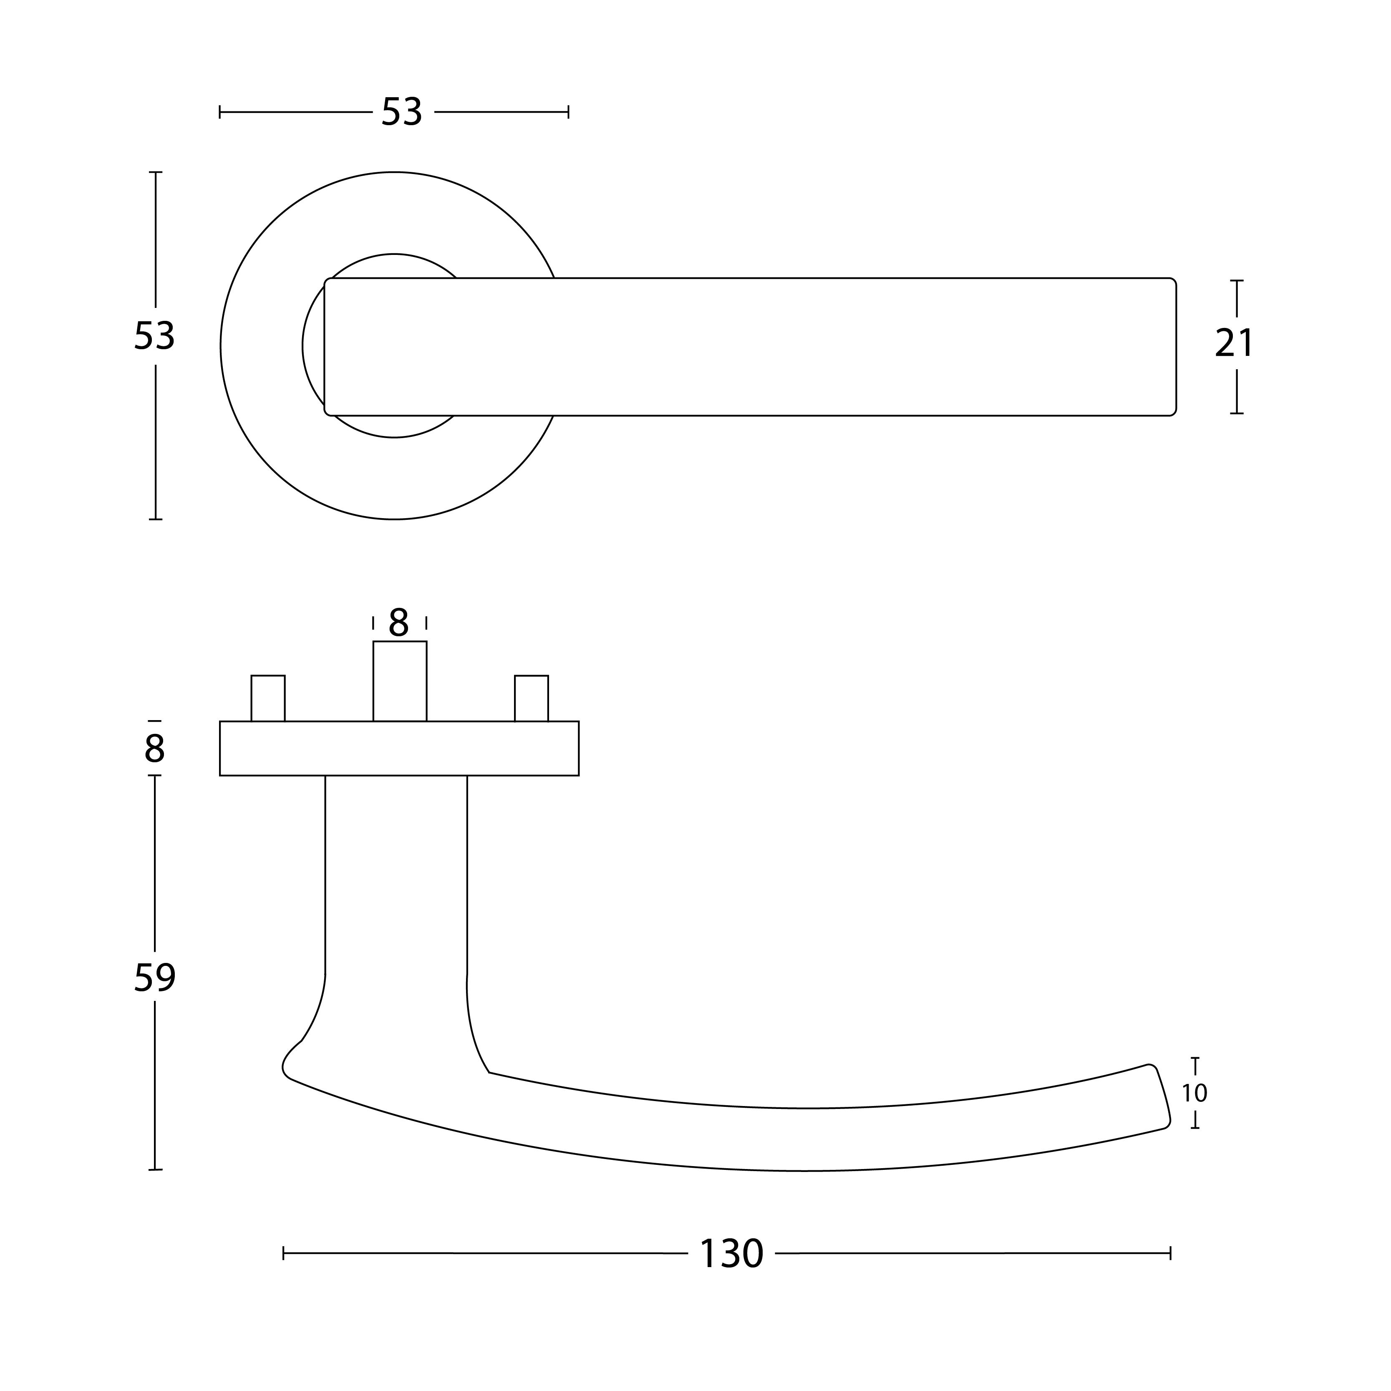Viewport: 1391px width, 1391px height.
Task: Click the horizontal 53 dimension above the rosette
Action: point(401,112)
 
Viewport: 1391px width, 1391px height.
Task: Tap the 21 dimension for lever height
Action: point(1234,343)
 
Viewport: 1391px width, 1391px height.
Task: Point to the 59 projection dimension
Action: point(155,978)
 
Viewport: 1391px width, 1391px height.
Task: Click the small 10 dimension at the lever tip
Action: point(1194,1094)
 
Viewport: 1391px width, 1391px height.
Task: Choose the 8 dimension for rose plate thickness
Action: point(154,749)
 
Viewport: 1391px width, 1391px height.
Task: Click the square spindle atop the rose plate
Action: point(400,681)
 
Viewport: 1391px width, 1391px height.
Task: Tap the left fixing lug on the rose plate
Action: point(268,698)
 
